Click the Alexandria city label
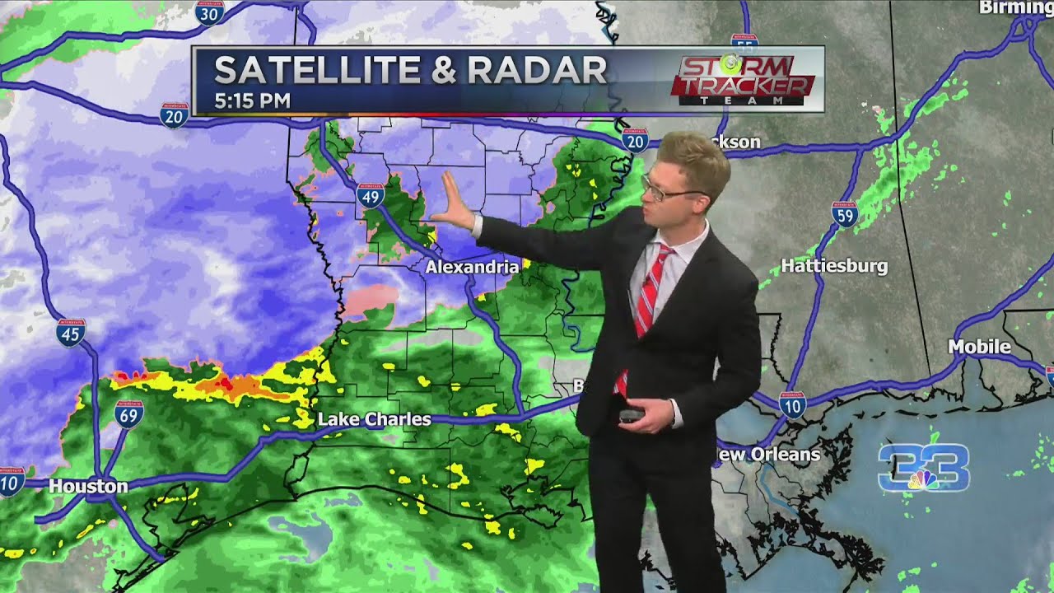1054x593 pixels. pyautogui.click(x=473, y=267)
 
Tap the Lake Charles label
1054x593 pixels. pyautogui.click(x=375, y=419)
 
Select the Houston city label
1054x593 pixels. pyautogui.click(x=88, y=486)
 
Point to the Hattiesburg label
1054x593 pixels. pyautogui.click(x=834, y=266)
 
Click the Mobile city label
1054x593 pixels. pyautogui.click(x=979, y=347)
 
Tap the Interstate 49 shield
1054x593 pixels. pyautogui.click(x=371, y=195)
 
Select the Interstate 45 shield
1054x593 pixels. pyautogui.click(x=71, y=332)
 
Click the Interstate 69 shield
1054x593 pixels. pyautogui.click(x=128, y=413)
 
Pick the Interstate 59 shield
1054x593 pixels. pyautogui.click(x=844, y=214)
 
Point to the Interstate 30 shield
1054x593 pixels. pyautogui.click(x=210, y=12)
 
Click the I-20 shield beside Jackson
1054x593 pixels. pyautogui.click(x=634, y=141)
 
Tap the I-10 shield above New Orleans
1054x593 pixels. pyautogui.click(x=791, y=404)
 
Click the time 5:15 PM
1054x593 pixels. pyautogui.click(x=252, y=101)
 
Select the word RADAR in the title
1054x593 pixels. pyautogui.click(x=538, y=72)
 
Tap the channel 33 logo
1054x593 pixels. pyautogui.click(x=923, y=469)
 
